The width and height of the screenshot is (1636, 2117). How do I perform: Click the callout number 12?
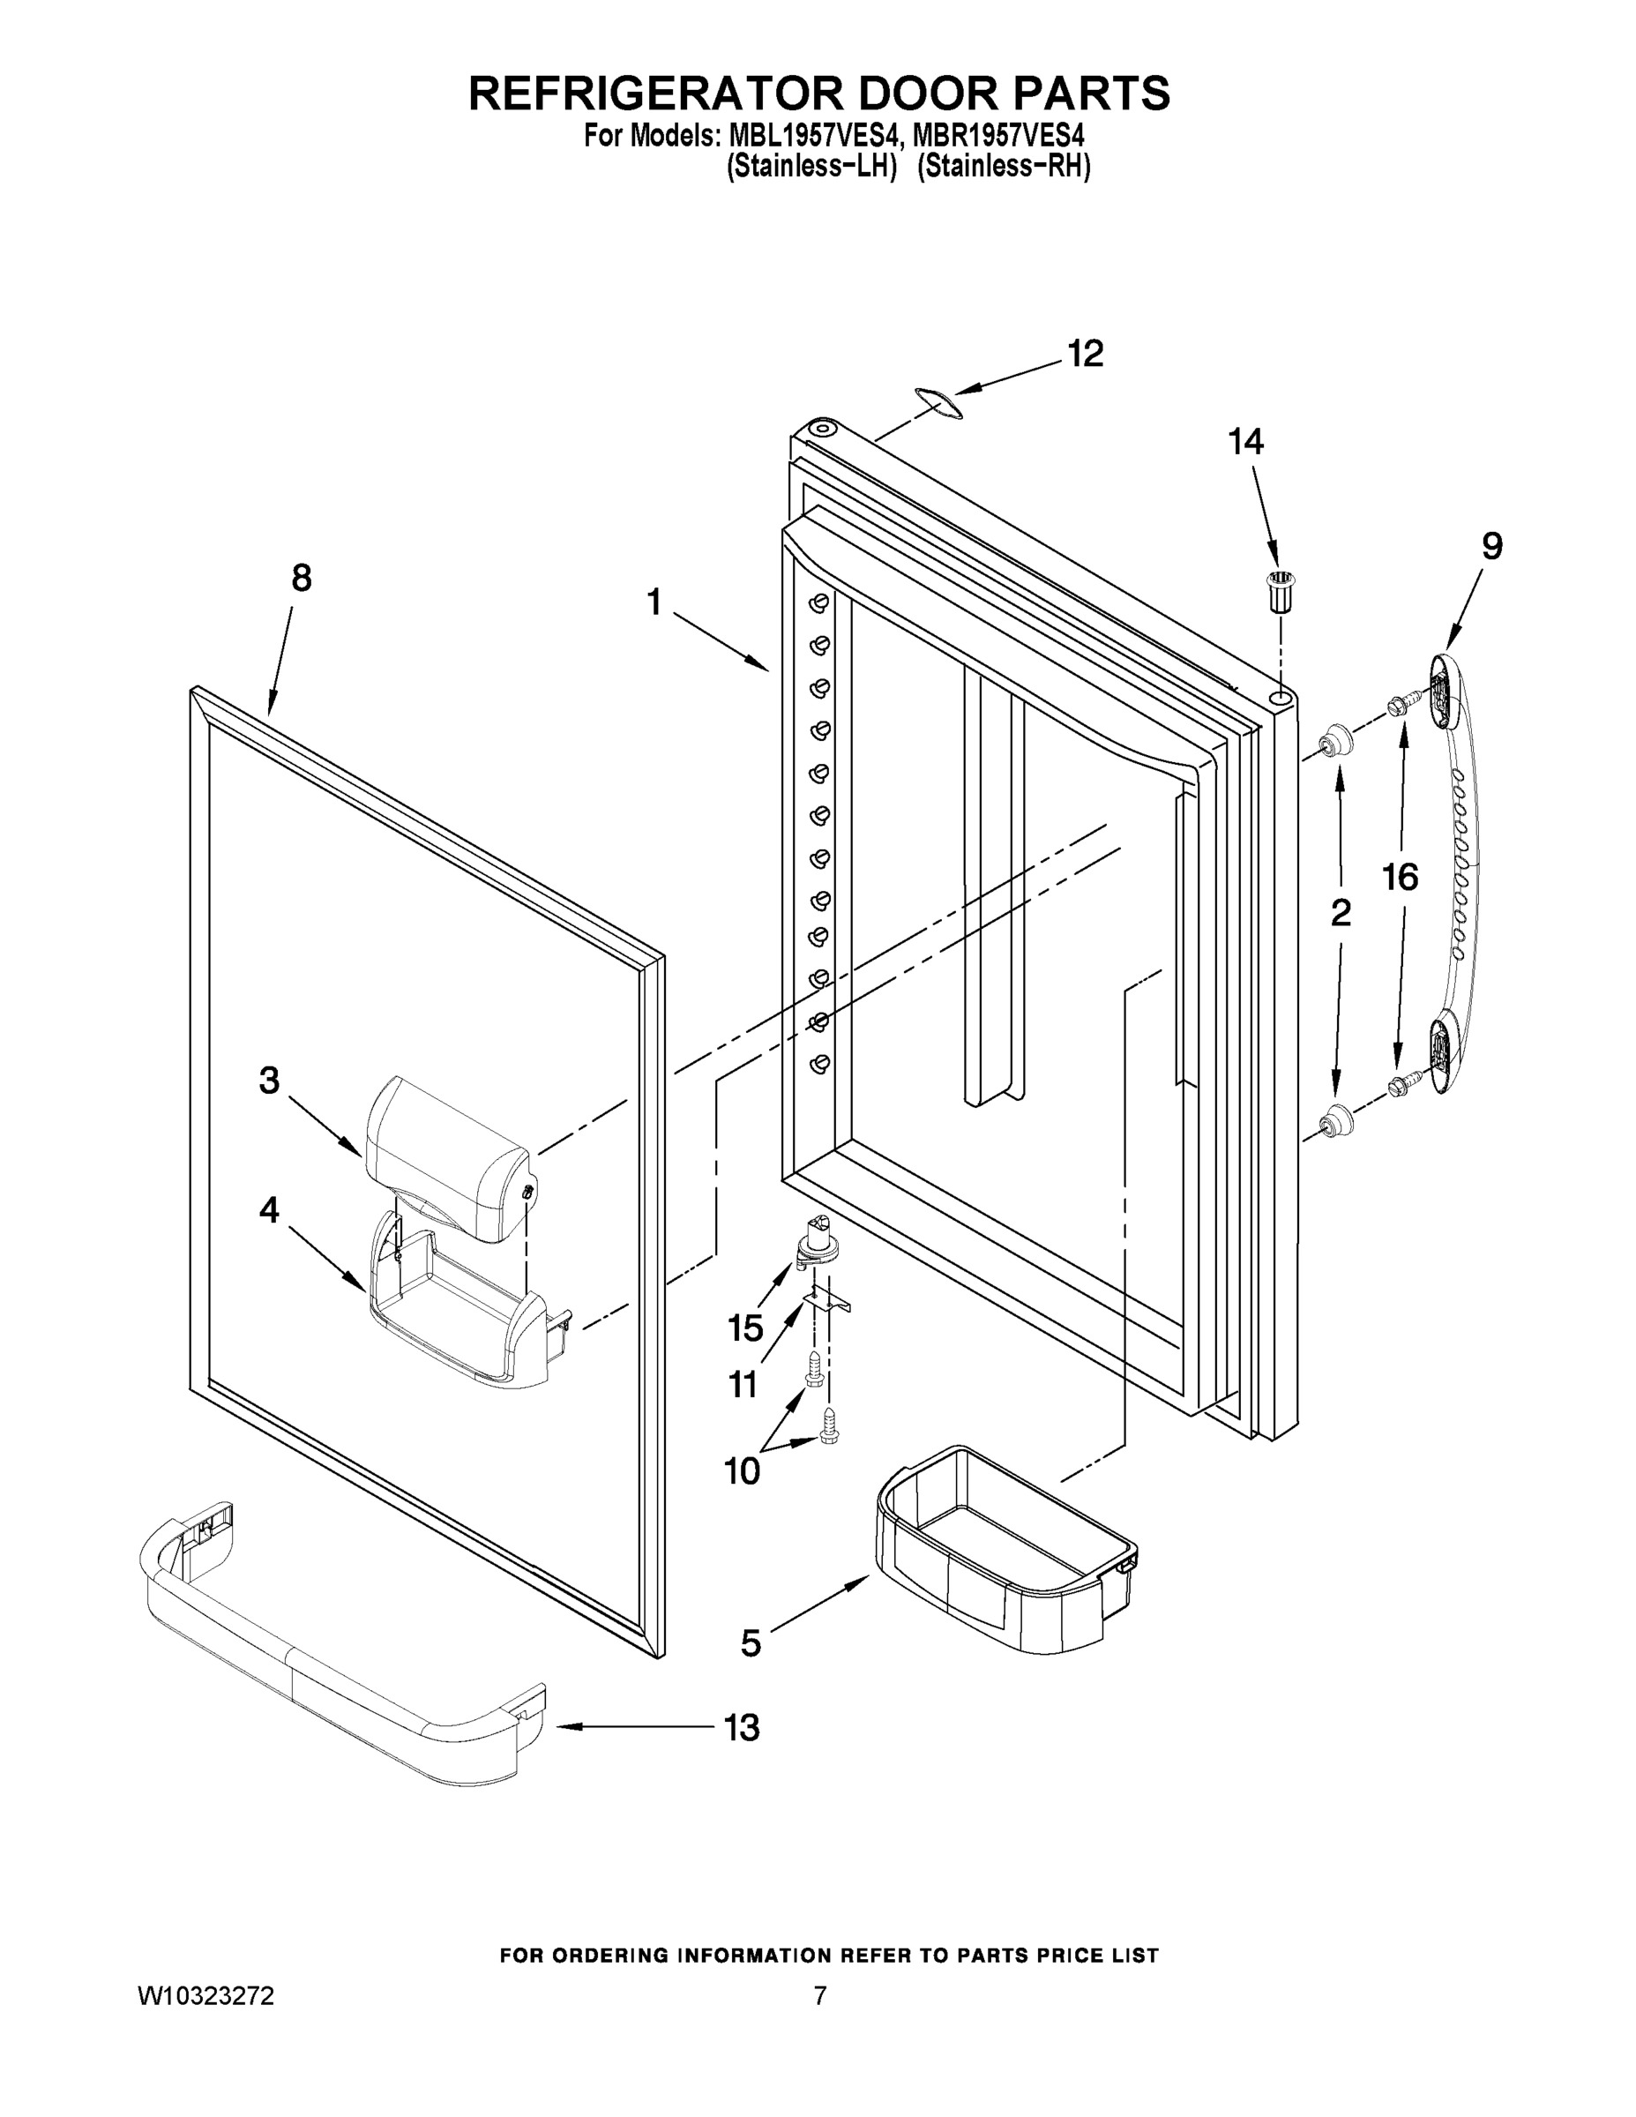1085,355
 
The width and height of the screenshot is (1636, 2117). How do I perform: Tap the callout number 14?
1245,442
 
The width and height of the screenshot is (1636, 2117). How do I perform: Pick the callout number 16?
1400,879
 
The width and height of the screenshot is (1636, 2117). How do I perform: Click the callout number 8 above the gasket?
302,579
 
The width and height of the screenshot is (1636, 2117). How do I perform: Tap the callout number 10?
742,1471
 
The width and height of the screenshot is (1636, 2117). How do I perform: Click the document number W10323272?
205,1995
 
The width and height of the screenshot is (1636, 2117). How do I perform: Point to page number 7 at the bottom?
820,1995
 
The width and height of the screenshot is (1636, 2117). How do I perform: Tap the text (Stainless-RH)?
1003,166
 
